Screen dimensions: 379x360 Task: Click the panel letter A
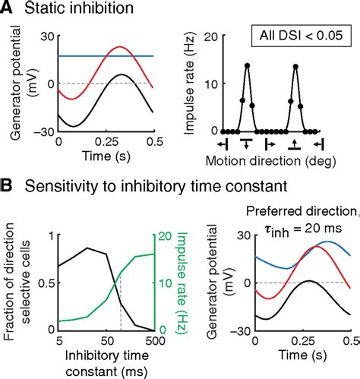point(9,8)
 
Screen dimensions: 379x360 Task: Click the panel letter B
point(9,185)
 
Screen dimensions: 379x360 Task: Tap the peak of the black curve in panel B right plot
point(307,281)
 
